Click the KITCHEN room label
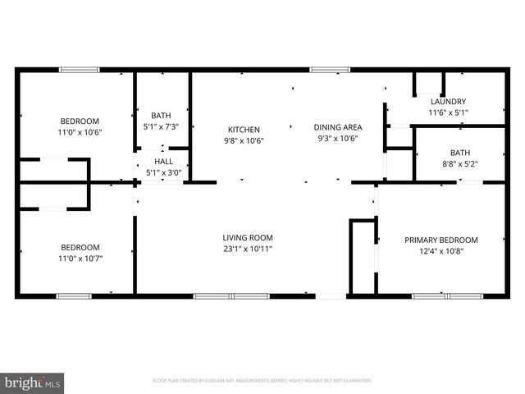[244, 130]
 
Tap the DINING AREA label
[338, 127]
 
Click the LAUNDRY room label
[447, 102]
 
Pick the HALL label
[162, 163]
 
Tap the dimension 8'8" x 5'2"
[459, 164]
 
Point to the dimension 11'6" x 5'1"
[447, 112]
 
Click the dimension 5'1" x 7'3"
[162, 126]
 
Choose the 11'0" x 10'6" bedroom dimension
[80, 131]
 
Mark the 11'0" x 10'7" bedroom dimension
[80, 258]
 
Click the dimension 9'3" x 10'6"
[338, 139]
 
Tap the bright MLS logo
[33, 383]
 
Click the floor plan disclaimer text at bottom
[262, 381]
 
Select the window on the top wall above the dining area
[325, 70]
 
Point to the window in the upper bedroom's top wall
[79, 70]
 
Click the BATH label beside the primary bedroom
[459, 153]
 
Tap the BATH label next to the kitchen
[162, 116]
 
